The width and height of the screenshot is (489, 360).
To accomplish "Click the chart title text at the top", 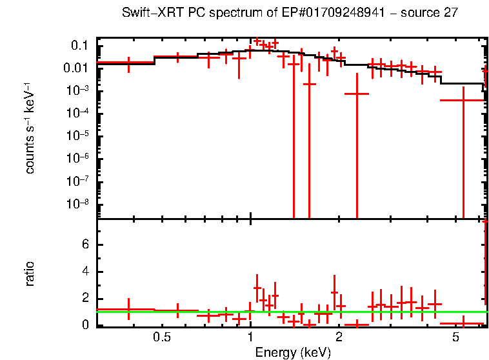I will pyautogui.click(x=290, y=14).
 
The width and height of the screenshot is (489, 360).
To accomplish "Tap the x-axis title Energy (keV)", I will pyautogui.click(x=293, y=352).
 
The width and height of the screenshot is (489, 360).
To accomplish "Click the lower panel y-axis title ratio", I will pyautogui.click(x=30, y=274).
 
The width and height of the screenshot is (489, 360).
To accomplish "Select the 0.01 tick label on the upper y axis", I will pyautogui.click(x=77, y=68).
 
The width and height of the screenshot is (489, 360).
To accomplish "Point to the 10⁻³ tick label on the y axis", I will pyautogui.click(x=77, y=90).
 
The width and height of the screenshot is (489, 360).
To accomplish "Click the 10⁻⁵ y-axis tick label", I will pyautogui.click(x=77, y=135).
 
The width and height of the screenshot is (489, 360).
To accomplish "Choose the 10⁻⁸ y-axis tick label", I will pyautogui.click(x=77, y=203).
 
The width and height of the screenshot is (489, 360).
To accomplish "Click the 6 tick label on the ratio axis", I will pyautogui.click(x=85, y=245).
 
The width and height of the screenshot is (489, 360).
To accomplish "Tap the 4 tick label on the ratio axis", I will pyautogui.click(x=85, y=272).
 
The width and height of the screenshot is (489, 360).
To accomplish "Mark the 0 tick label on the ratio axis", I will pyautogui.click(x=85, y=325).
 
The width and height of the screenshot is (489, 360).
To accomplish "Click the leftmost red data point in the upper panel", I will pyautogui.click(x=129, y=63).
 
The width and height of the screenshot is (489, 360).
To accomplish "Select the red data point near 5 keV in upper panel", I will pyautogui.click(x=463, y=100).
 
